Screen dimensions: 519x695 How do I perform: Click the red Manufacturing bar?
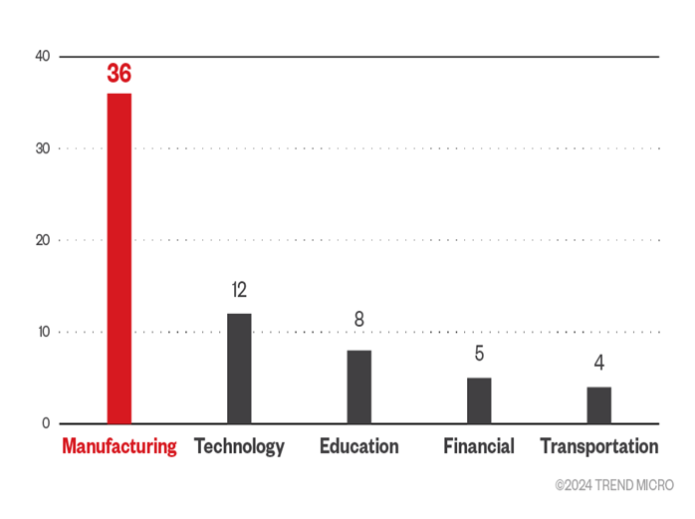tap(119, 258)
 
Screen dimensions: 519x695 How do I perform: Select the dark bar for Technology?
tap(239, 369)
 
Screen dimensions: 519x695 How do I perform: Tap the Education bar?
tap(358, 387)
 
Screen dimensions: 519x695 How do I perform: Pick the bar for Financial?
tap(479, 400)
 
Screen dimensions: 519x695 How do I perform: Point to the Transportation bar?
tap(598, 404)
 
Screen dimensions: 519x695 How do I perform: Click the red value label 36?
tap(119, 74)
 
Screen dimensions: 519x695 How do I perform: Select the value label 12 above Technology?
tap(239, 290)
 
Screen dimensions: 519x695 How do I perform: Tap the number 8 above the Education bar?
tap(358, 320)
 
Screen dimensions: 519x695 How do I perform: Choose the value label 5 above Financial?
tap(479, 354)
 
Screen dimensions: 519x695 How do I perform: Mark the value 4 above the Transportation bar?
tap(598, 363)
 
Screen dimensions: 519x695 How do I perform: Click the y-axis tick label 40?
tap(42, 57)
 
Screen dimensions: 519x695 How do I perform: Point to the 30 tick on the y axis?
tap(42, 148)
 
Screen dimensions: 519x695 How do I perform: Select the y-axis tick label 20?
tap(42, 240)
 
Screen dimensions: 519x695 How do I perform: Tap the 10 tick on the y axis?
tap(42, 332)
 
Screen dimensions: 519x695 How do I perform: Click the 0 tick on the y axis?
tap(46, 423)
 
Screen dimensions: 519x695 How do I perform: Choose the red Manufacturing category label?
tap(119, 446)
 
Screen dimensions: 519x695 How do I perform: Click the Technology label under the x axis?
tap(239, 446)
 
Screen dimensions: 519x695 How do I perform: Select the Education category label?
tap(358, 446)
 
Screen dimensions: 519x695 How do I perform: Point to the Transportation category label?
tap(598, 446)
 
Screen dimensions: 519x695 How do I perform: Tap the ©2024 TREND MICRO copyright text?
tap(613, 485)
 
